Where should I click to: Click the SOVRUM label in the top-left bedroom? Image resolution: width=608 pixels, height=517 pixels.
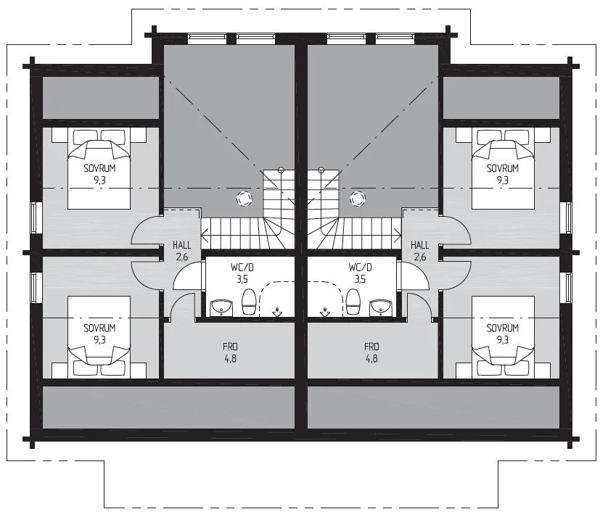tap(99, 168)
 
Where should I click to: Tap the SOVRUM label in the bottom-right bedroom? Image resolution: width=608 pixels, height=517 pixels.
tap(503, 328)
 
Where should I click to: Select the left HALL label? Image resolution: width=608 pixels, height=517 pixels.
tap(182, 245)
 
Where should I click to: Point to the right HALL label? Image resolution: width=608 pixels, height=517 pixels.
tap(420, 245)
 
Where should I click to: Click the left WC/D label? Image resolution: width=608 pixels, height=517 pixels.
tap(242, 268)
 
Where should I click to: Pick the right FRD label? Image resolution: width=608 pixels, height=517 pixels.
tap(371, 347)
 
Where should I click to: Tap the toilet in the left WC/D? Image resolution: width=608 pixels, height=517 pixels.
tap(249, 302)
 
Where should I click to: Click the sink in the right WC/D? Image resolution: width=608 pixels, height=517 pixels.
tap(380, 307)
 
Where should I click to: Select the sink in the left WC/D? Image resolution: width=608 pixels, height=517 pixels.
tap(221, 307)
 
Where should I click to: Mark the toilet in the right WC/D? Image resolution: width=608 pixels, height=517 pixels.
tap(353, 302)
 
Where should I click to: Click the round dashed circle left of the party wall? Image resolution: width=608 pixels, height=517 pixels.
tap(245, 199)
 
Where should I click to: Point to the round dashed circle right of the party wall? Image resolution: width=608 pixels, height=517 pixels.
tap(358, 199)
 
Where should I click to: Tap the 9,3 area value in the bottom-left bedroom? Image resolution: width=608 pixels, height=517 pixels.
tap(99, 340)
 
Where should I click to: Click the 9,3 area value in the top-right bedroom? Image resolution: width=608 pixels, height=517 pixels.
tap(503, 181)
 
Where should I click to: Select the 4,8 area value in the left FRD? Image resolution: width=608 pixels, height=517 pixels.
tap(230, 358)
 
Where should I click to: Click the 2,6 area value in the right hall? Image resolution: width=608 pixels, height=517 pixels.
tap(420, 257)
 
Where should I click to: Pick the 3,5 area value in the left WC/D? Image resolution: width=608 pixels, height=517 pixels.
tap(242, 279)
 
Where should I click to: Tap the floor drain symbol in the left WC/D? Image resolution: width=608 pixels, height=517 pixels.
tap(277, 312)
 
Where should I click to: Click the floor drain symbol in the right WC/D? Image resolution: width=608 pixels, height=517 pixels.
tap(325, 312)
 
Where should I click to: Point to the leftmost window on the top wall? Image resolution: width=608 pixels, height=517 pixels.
tap(207, 37)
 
